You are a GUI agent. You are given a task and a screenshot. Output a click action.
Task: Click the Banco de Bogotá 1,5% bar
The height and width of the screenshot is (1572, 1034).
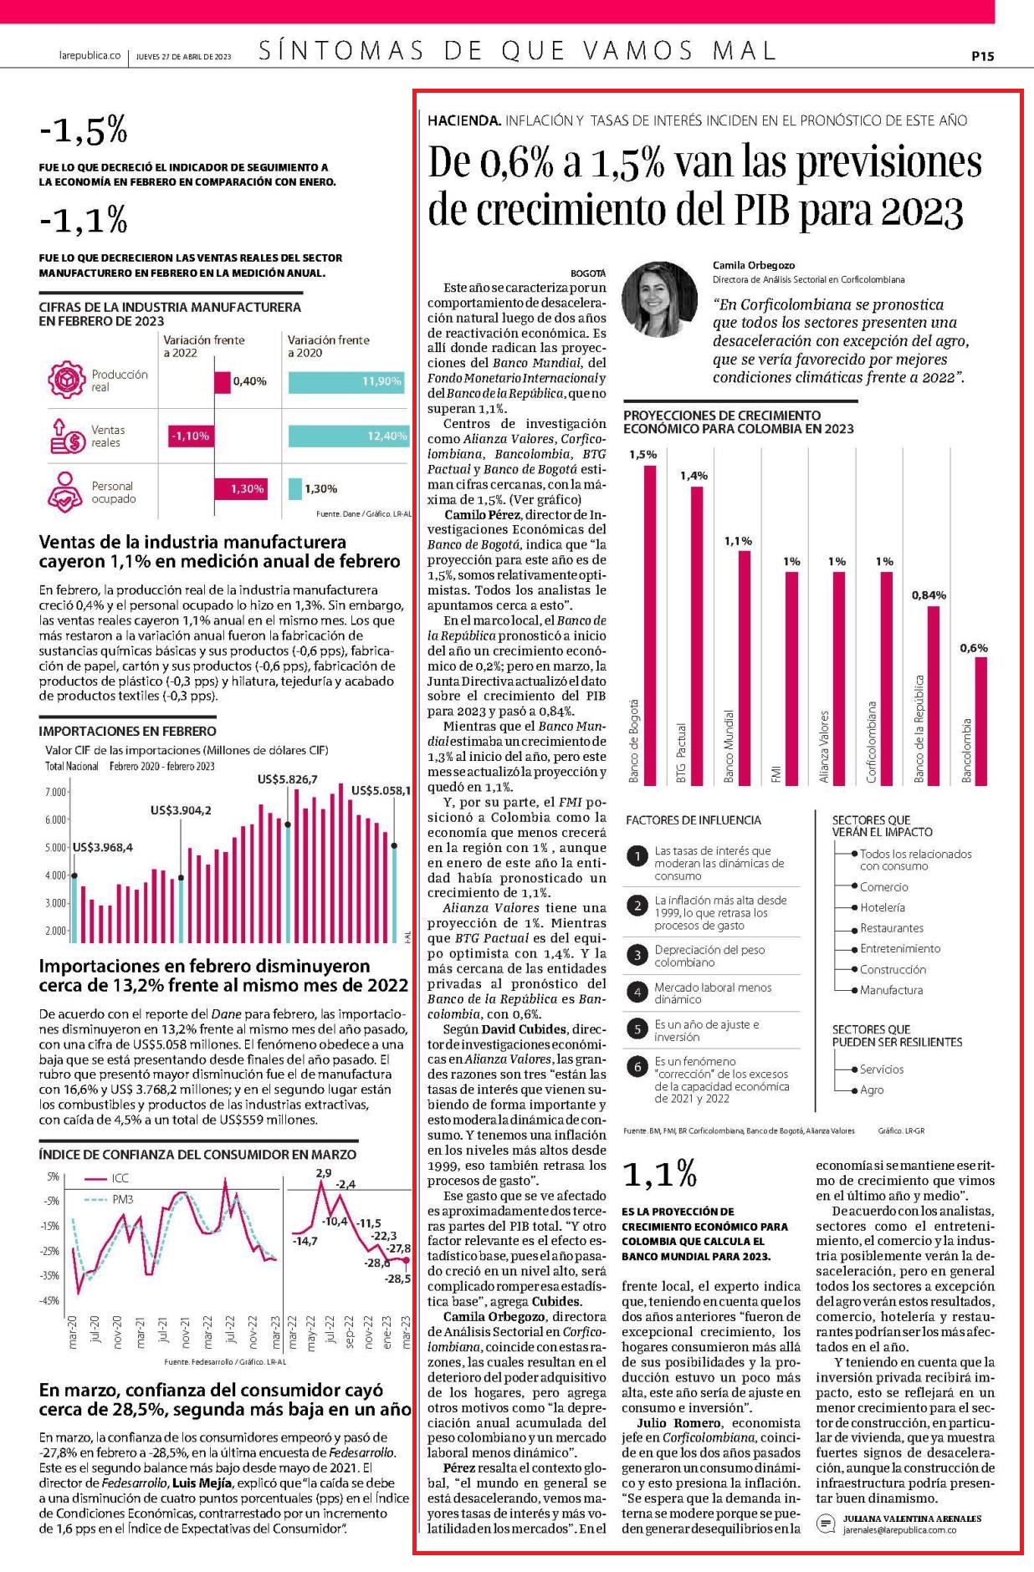649,625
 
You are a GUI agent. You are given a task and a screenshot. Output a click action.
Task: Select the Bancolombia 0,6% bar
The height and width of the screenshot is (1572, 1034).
981,721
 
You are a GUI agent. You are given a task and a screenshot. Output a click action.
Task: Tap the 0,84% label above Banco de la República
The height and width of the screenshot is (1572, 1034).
929,595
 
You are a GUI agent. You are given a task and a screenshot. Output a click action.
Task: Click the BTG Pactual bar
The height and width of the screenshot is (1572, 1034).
697,635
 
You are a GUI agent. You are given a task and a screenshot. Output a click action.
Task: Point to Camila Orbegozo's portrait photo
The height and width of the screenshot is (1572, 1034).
661,299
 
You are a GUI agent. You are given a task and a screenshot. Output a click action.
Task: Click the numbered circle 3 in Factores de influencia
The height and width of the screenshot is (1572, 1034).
637,955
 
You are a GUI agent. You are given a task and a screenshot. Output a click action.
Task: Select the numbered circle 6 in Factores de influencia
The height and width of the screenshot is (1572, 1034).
637,1066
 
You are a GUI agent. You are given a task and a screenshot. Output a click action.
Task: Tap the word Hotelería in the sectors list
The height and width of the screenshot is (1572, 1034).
883,907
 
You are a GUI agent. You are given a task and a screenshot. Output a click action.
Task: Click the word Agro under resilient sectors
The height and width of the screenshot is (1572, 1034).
872,1090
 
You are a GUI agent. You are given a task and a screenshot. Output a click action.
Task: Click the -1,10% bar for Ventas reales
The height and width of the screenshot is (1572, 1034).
191,436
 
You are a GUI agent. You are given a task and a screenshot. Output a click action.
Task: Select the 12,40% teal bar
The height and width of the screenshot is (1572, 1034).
348,436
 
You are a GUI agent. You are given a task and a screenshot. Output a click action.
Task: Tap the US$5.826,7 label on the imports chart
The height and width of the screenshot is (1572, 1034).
288,779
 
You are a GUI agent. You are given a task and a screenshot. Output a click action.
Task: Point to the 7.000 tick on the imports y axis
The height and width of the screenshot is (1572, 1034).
55,792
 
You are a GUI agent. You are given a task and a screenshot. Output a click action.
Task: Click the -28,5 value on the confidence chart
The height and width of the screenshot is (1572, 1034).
397,1279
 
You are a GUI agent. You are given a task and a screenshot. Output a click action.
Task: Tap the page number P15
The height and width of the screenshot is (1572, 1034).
982,56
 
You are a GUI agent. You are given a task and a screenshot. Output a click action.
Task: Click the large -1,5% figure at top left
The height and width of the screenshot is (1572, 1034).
83,130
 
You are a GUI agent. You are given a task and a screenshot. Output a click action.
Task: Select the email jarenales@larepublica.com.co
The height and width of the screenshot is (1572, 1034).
899,1529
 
